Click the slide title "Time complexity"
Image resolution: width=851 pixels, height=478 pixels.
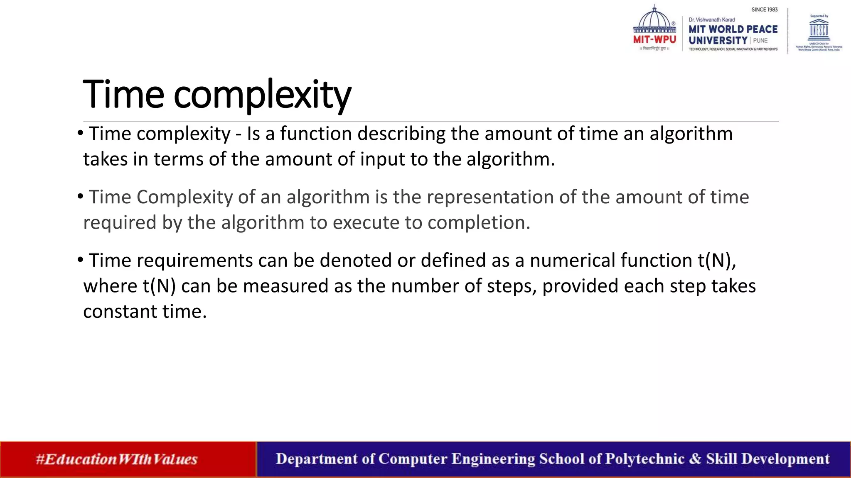tap(217, 95)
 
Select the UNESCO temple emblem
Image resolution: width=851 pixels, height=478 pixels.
tap(819, 29)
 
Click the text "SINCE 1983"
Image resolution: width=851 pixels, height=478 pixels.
tap(765, 10)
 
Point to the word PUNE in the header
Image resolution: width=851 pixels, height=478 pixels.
tap(760, 41)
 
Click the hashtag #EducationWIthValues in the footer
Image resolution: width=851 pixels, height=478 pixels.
tap(116, 459)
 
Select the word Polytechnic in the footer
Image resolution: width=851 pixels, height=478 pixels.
tap(644, 459)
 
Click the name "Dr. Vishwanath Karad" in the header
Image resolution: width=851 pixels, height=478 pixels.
tap(712, 20)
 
